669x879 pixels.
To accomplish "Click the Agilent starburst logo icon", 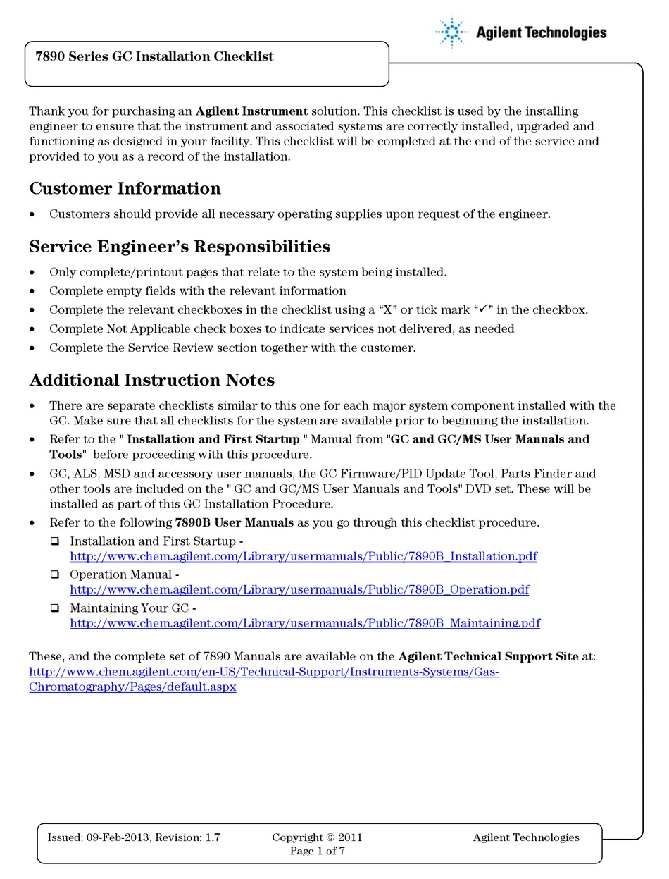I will pyautogui.click(x=451, y=32).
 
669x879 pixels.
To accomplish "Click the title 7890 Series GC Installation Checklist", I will pyautogui.click(x=154, y=56).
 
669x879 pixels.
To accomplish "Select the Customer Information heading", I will pyautogui.click(x=125, y=189).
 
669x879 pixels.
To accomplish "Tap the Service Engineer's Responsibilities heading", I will pyautogui.click(x=179, y=247).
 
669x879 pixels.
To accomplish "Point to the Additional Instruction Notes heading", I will pyautogui.click(x=151, y=381).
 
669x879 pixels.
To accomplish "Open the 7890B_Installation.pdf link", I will pyautogui.click(x=303, y=556).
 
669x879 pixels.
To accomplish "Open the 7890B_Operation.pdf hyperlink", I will pyautogui.click(x=299, y=589).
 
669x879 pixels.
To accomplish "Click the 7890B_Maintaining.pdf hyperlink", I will pyautogui.click(x=305, y=623).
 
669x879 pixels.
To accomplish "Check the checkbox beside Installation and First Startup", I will pyautogui.click(x=55, y=541).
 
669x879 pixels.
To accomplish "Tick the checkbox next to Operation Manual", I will pyautogui.click(x=55, y=574).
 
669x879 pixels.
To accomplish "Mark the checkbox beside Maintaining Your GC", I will pyautogui.click(x=55, y=608).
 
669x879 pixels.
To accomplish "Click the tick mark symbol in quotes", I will pyautogui.click(x=483, y=309).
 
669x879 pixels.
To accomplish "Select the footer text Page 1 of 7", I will pyautogui.click(x=318, y=851).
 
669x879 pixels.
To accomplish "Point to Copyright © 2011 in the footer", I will pyautogui.click(x=317, y=837).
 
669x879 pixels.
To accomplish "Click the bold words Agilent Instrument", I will pyautogui.click(x=251, y=111).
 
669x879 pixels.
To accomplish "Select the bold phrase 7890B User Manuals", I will pyautogui.click(x=234, y=523).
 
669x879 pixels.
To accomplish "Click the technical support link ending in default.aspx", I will pyautogui.click(x=132, y=687).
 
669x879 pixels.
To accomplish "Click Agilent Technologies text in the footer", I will pyautogui.click(x=525, y=837).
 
